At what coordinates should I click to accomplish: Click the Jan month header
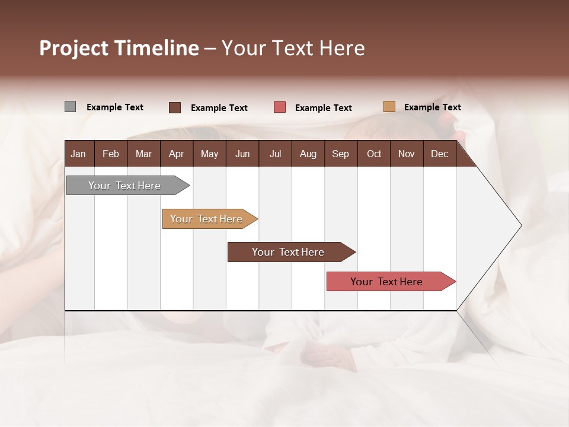(x=78, y=154)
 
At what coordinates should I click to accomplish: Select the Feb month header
(x=111, y=154)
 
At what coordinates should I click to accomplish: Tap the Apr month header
(x=176, y=154)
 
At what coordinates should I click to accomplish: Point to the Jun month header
(x=242, y=154)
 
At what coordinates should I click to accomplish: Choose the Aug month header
(x=308, y=154)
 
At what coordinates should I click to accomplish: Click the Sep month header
(x=341, y=154)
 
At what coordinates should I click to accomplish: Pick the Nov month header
(x=407, y=154)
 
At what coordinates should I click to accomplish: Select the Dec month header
(x=440, y=154)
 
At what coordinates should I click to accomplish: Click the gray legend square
(x=70, y=107)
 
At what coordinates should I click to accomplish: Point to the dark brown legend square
(x=174, y=107)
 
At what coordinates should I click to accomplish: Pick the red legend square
(x=280, y=107)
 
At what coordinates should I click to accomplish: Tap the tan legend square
(x=389, y=107)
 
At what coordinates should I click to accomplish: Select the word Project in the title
(x=74, y=48)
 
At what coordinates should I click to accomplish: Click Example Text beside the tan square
(x=433, y=107)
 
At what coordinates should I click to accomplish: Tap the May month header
(x=209, y=154)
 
